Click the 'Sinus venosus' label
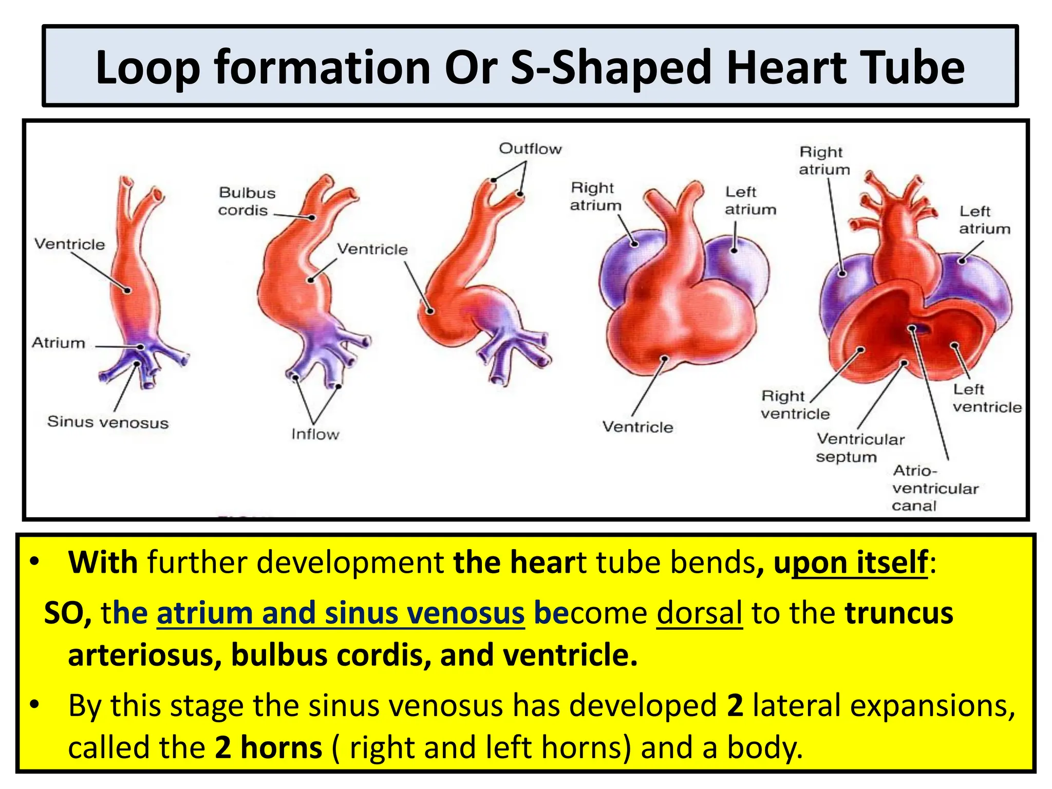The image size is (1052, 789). pyautogui.click(x=108, y=422)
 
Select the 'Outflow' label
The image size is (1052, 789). pyautogui.click(x=530, y=149)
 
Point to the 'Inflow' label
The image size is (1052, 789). pyautogui.click(x=315, y=435)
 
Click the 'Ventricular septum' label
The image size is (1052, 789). pyautogui.click(x=860, y=448)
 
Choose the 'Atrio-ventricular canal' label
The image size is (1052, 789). pyautogui.click(x=935, y=488)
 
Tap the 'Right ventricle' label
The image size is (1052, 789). pyautogui.click(x=795, y=405)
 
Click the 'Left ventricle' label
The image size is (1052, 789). pyautogui.click(x=987, y=398)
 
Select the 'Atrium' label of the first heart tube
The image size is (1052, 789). pyautogui.click(x=59, y=343)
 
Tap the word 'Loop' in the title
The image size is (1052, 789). pyautogui.click(x=147, y=68)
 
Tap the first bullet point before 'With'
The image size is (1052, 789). pyautogui.click(x=34, y=561)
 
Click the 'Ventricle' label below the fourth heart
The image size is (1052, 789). pyautogui.click(x=637, y=427)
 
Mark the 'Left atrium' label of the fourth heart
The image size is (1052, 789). pyautogui.click(x=750, y=201)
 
